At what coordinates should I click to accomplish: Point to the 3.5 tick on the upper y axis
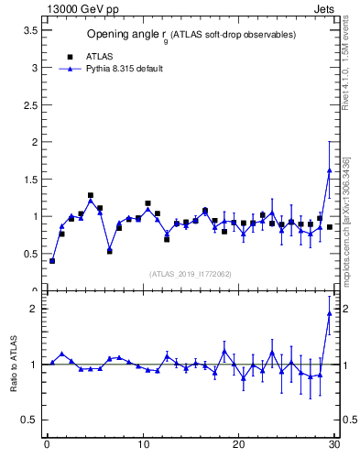pyautogui.click(x=31, y=30)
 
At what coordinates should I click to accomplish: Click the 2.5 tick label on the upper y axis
pyautogui.click(x=31, y=104)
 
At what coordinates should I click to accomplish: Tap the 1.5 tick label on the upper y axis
pyautogui.click(x=31, y=180)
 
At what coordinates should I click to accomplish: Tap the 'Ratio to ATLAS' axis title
pyautogui.click(x=15, y=365)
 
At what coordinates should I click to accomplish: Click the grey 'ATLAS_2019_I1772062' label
pyautogui.click(x=190, y=273)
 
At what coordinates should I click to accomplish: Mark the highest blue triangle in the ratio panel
pyautogui.click(x=329, y=314)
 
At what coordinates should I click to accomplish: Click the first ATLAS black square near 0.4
pyautogui.click(x=52, y=261)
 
